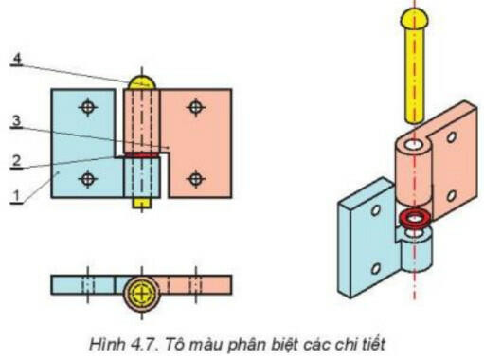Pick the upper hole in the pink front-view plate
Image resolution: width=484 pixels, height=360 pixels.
[x=195, y=108]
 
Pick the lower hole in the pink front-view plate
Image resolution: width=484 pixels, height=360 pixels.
[x=195, y=177]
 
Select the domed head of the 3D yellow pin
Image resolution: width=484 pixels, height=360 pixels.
[x=415, y=19]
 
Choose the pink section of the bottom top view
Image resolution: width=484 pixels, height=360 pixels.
[x=199, y=285]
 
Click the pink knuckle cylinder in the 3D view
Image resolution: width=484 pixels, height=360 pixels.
[x=413, y=171]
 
